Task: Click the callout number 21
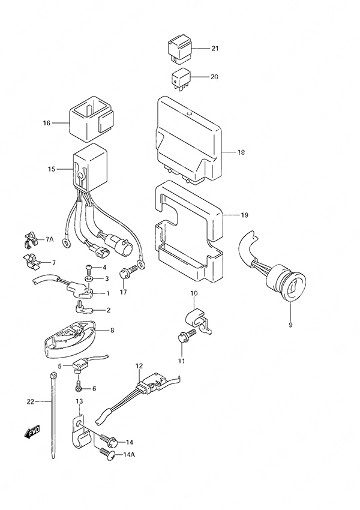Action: (215, 49)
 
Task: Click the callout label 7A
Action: (50, 240)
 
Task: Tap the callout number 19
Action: (244, 215)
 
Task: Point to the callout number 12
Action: (139, 365)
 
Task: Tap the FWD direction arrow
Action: (32, 431)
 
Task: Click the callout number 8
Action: (112, 330)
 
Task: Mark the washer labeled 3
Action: (89, 280)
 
